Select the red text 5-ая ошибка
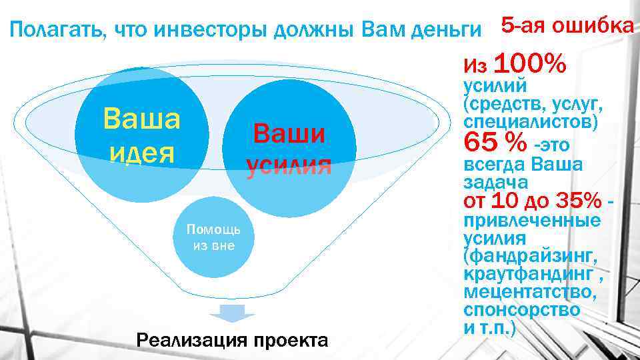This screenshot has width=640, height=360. click(567, 25)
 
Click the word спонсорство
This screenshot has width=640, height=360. click(521, 311)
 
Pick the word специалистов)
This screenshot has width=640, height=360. click(530, 123)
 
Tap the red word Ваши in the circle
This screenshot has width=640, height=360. click(289, 134)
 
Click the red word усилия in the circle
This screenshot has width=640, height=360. click(289, 165)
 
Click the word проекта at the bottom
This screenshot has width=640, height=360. click(291, 340)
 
